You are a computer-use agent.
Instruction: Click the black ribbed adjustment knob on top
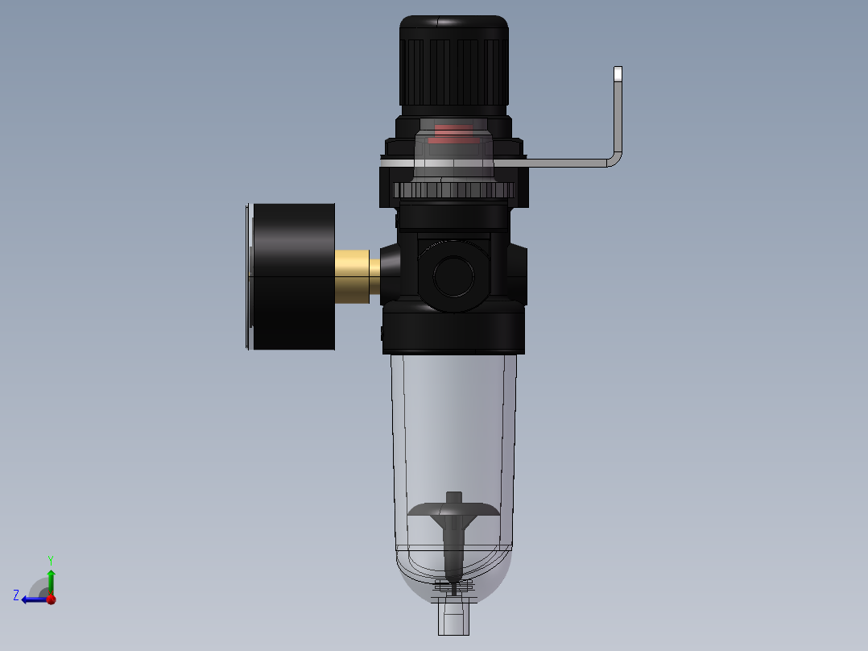click(x=453, y=64)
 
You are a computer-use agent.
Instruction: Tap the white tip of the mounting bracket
click(x=618, y=74)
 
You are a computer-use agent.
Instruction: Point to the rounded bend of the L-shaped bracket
click(x=614, y=159)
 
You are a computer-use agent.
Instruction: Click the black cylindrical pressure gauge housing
click(x=294, y=276)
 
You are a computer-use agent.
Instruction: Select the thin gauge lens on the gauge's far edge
click(x=246, y=277)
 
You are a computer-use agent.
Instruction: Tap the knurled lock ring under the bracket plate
click(x=454, y=191)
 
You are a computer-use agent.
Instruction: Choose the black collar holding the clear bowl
click(x=453, y=332)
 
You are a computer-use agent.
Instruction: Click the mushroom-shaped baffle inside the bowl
click(x=453, y=509)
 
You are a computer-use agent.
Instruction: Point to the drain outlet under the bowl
click(x=453, y=618)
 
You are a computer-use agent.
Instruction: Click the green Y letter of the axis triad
click(x=50, y=559)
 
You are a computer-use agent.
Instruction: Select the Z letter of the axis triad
click(x=16, y=595)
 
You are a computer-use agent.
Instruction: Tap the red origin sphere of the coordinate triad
click(x=51, y=599)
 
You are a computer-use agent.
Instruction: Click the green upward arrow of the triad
click(x=51, y=580)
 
